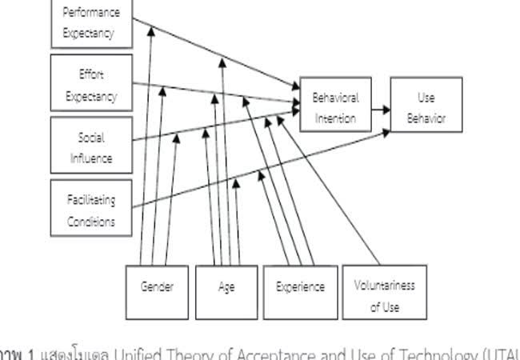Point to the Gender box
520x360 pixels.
pos(158,288)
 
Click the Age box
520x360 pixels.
pos(226,288)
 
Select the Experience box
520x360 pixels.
pos(300,288)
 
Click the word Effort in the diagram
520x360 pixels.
pos(91,74)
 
